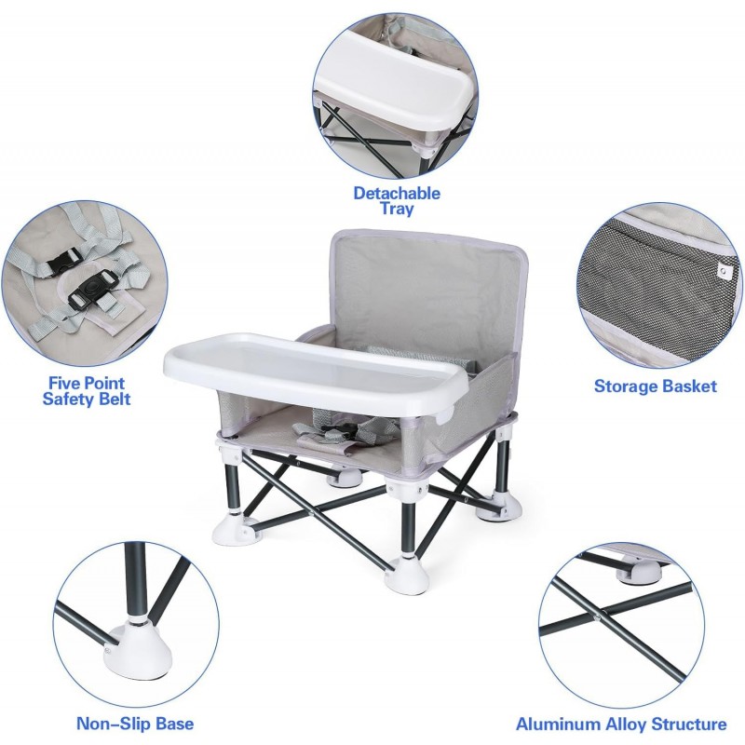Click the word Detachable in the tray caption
[x=397, y=194]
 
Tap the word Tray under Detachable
[x=397, y=209]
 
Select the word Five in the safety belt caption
[x=65, y=383]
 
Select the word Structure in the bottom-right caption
[x=689, y=725]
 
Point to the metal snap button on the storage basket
[x=724, y=270]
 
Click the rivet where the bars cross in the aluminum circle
[x=597, y=618]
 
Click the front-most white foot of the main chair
[x=407, y=576]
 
